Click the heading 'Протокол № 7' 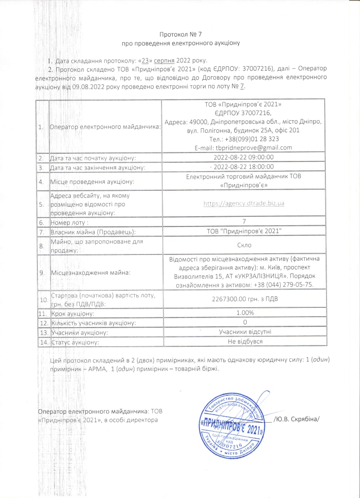[x=180, y=35]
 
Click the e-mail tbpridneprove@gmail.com [x=243, y=147]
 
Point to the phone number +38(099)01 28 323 [x=243, y=139]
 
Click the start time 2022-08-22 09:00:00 [x=244, y=158]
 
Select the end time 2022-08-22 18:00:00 [x=244, y=167]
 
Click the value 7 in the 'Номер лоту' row [x=244, y=222]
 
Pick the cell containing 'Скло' [x=244, y=245]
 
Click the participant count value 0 [x=244, y=323]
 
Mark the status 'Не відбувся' [x=244, y=341]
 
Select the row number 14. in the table [x=43, y=342]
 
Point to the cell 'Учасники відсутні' [x=244, y=332]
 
